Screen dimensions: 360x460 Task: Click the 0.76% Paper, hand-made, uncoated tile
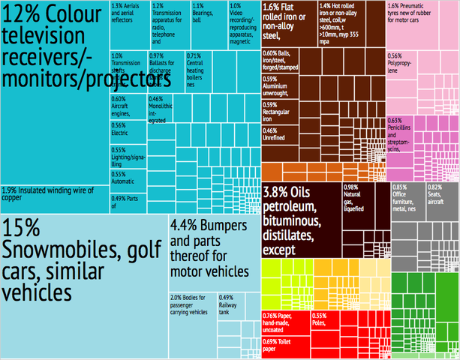tap(286, 323)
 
